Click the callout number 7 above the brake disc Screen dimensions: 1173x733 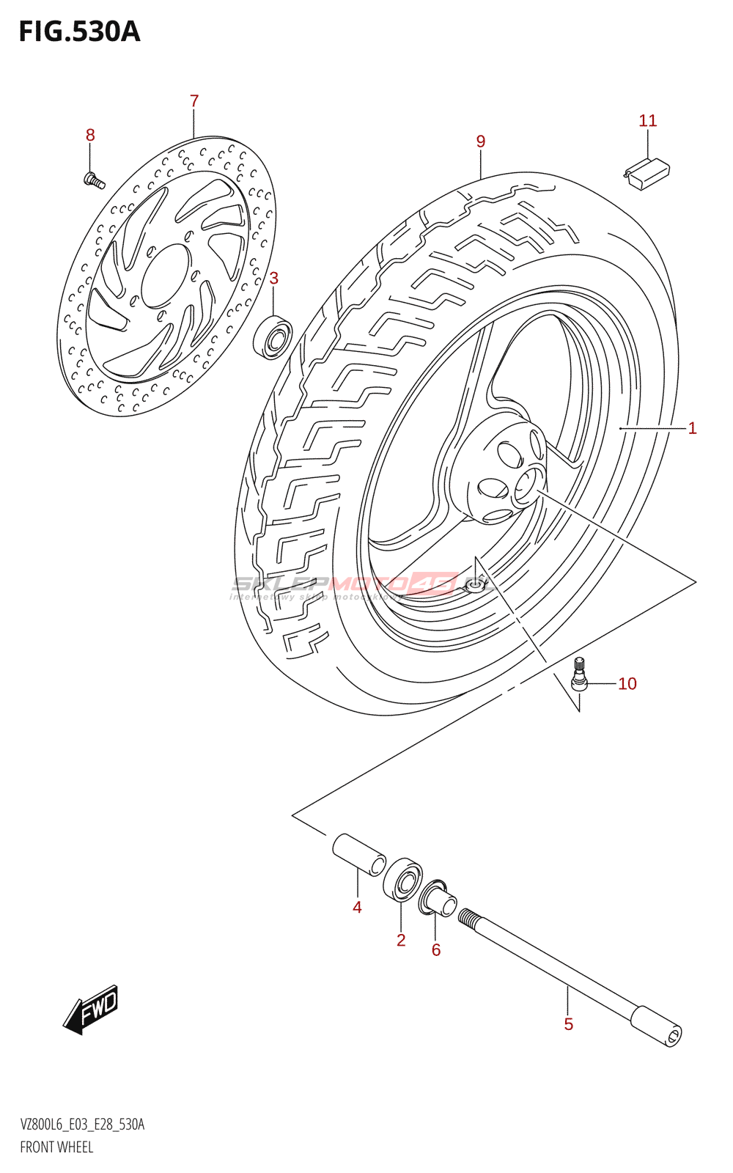coord(194,101)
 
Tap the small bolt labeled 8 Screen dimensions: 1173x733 coord(92,178)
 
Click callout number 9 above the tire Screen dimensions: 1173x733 coord(481,141)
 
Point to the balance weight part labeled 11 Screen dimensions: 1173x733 coord(647,174)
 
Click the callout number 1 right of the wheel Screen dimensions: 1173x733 coord(692,428)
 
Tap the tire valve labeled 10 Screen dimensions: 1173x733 coord(579,675)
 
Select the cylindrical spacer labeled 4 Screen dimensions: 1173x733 coord(358,854)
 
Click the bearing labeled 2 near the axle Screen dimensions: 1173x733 coord(402,879)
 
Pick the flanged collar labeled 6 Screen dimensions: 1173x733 coord(437,899)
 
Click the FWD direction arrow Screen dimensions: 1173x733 coord(91,1010)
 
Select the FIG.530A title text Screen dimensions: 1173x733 coord(79,32)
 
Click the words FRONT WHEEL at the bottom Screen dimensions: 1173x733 coord(56,1147)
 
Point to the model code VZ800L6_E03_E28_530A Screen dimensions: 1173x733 coord(82,1125)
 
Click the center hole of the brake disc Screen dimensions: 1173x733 coord(165,276)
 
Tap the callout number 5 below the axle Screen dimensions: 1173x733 coord(569,1024)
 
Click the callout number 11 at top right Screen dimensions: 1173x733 coord(648,121)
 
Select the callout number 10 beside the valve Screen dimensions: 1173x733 coord(627,684)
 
